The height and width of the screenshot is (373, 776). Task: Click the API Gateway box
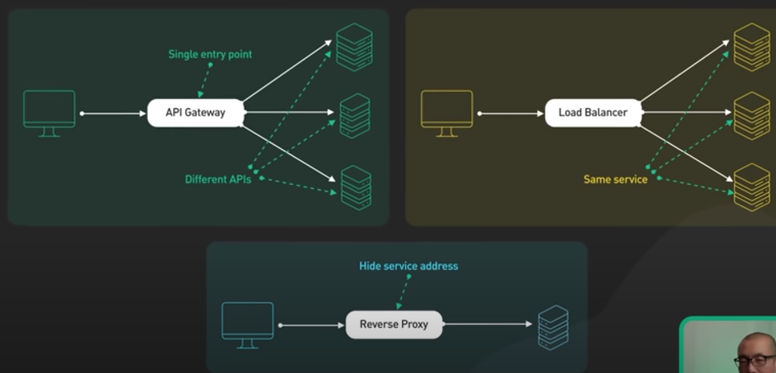click(x=195, y=113)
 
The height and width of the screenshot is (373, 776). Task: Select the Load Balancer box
click(x=593, y=113)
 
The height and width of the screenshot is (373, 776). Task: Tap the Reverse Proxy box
click(x=394, y=325)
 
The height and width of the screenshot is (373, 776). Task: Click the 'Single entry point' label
click(x=210, y=55)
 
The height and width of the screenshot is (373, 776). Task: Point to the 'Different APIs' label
click(x=217, y=179)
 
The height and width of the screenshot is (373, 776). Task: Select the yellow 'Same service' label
click(x=615, y=179)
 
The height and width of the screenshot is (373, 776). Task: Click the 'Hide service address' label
click(x=408, y=266)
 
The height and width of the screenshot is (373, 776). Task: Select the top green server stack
click(x=355, y=48)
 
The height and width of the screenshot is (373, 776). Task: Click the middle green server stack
click(x=355, y=115)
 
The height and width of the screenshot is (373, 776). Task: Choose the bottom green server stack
click(x=355, y=188)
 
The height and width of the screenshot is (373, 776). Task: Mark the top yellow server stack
click(x=751, y=47)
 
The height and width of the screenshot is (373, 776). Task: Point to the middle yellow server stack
click(x=751, y=115)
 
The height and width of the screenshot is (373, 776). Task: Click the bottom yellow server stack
click(x=751, y=187)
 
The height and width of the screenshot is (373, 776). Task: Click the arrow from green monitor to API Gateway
click(x=113, y=114)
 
